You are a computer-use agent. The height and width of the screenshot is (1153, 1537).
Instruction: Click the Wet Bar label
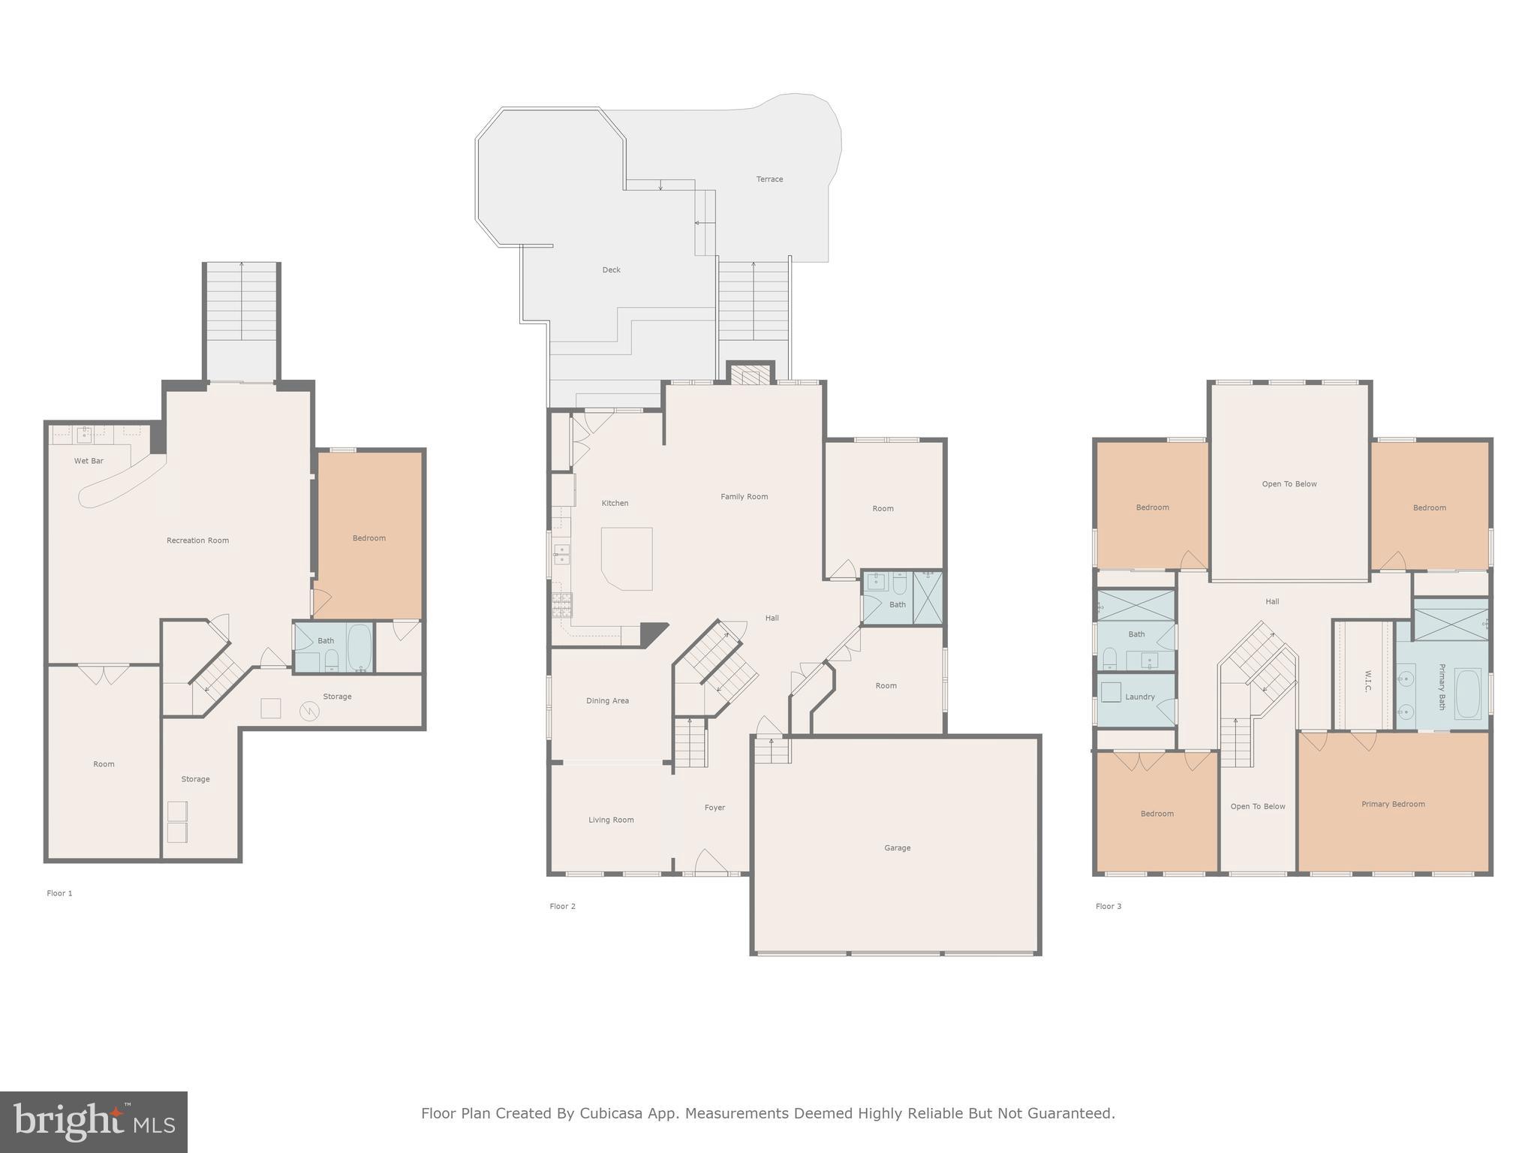click(x=89, y=461)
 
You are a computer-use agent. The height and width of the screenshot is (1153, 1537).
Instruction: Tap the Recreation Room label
click(x=197, y=540)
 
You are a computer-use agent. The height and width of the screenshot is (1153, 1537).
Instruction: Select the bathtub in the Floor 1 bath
click(x=359, y=647)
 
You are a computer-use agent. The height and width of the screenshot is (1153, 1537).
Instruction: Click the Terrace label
click(x=769, y=179)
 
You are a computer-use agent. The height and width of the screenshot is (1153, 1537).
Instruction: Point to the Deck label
click(x=611, y=270)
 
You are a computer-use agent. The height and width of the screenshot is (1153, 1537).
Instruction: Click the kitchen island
click(x=627, y=558)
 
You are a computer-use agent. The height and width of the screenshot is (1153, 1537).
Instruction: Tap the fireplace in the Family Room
click(x=750, y=375)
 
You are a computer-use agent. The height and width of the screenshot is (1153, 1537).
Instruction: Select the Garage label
click(x=897, y=848)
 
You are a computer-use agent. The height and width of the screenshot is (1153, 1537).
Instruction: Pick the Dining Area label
click(x=607, y=701)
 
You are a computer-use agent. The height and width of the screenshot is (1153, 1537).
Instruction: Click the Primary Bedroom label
click(x=1393, y=804)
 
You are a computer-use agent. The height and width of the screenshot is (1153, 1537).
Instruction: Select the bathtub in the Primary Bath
click(x=1467, y=694)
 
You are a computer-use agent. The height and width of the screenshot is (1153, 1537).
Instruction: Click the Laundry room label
click(x=1139, y=697)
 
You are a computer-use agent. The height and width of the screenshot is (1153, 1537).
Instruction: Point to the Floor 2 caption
click(x=562, y=906)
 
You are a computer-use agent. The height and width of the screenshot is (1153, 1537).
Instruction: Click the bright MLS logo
click(x=94, y=1122)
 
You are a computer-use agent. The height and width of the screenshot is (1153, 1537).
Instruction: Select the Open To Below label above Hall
click(x=1289, y=484)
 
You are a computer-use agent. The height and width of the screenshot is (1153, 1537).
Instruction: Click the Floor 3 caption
click(x=1108, y=906)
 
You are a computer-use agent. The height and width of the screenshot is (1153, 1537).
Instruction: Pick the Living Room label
click(x=611, y=820)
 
